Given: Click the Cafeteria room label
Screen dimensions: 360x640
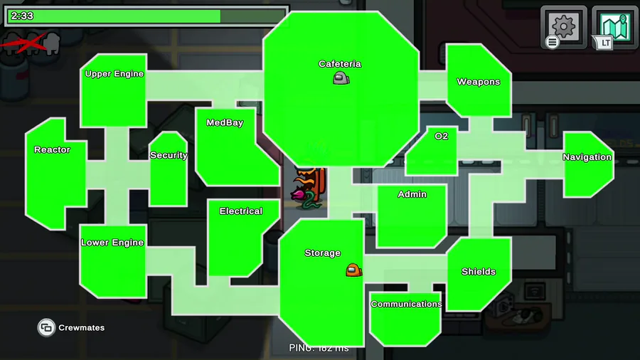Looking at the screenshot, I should (x=339, y=64).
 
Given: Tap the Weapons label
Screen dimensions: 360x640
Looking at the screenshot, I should (x=478, y=82).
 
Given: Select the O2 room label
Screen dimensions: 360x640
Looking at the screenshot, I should (x=442, y=136).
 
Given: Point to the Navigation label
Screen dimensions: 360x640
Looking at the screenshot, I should (x=587, y=157).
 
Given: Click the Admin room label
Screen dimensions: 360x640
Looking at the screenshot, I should (x=412, y=194).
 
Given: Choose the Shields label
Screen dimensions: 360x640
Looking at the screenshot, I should (x=478, y=272).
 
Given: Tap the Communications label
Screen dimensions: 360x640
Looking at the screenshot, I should (x=406, y=304).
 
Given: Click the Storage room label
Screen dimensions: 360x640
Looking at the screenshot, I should (x=322, y=253).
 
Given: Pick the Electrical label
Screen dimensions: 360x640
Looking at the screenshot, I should (x=240, y=211).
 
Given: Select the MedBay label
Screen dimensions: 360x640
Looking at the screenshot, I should (x=225, y=123).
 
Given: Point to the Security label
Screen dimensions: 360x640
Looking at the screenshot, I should (x=169, y=155).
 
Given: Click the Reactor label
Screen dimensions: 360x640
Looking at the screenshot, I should (x=52, y=150).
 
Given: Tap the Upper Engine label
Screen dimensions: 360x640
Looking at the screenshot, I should (x=114, y=74).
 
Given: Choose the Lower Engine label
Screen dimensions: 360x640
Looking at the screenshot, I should (x=112, y=243).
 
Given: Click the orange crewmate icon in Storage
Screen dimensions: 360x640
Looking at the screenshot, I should (x=353, y=270).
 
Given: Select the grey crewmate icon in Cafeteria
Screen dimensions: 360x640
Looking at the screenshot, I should (x=341, y=78).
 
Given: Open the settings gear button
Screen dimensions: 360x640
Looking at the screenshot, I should (x=563, y=27).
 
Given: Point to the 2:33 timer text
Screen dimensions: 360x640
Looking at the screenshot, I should (x=22, y=16).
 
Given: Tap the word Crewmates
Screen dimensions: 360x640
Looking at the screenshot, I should (x=81, y=328).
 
